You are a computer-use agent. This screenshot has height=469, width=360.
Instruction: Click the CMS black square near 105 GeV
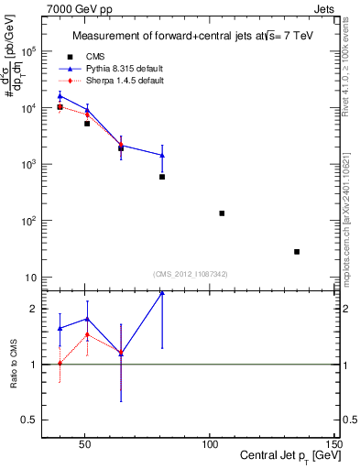pyautogui.click(x=222, y=213)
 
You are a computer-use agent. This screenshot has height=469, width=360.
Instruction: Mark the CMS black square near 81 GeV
pyautogui.click(x=162, y=177)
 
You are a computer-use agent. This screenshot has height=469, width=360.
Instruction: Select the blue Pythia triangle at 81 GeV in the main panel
pyautogui.click(x=162, y=155)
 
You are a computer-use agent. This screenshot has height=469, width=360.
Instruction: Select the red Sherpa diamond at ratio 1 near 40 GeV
pyautogui.click(x=60, y=364)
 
